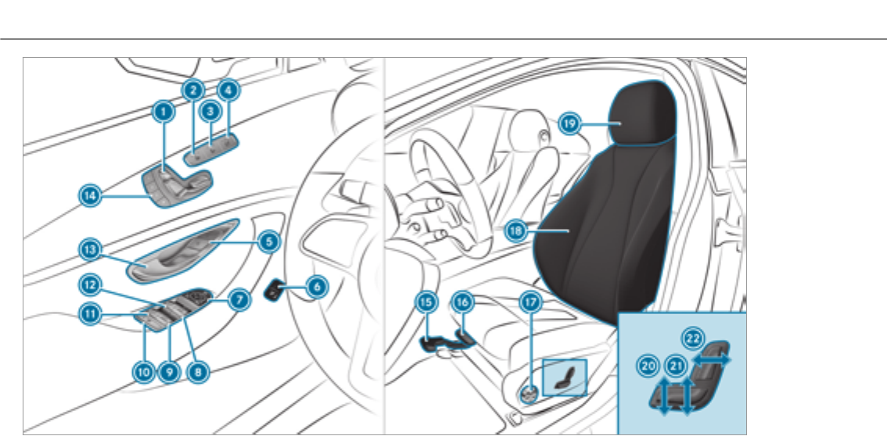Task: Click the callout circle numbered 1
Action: [x=162, y=113]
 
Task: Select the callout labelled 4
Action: [x=228, y=90]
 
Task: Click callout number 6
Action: [x=316, y=287]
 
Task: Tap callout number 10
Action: [x=143, y=373]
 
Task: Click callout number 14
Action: [x=91, y=196]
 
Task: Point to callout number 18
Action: [x=515, y=230]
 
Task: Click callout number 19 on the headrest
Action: [x=569, y=123]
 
